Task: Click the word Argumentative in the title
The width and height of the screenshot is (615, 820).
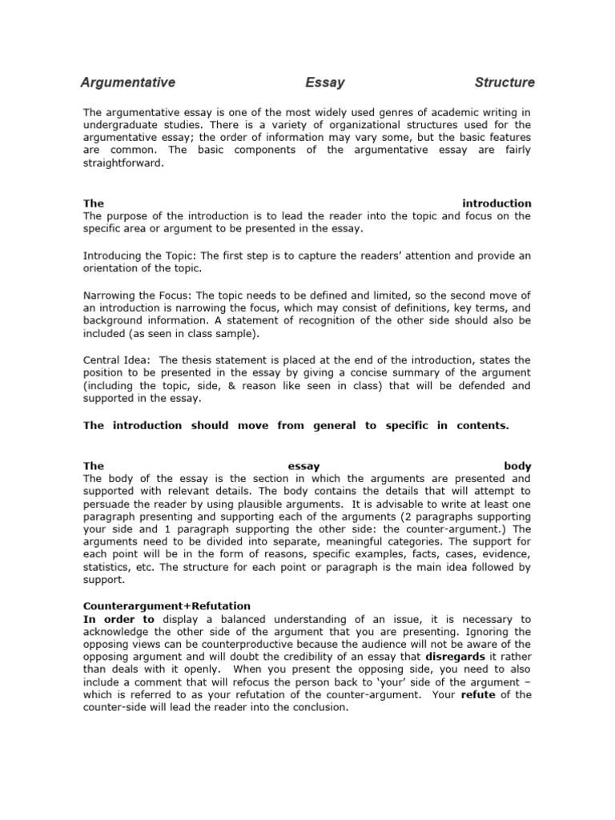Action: tap(127, 82)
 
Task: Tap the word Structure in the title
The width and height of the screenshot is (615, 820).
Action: tap(504, 82)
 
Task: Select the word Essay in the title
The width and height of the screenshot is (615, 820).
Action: tap(325, 82)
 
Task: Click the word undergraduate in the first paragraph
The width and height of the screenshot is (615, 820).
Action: tap(122, 126)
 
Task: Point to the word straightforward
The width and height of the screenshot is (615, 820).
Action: tap(124, 163)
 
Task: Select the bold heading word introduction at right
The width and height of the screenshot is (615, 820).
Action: tap(496, 203)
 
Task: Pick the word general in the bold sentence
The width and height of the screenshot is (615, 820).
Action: tap(334, 425)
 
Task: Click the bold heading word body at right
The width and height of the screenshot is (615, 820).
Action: tap(517, 465)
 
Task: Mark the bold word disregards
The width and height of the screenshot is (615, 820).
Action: tap(456, 656)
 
